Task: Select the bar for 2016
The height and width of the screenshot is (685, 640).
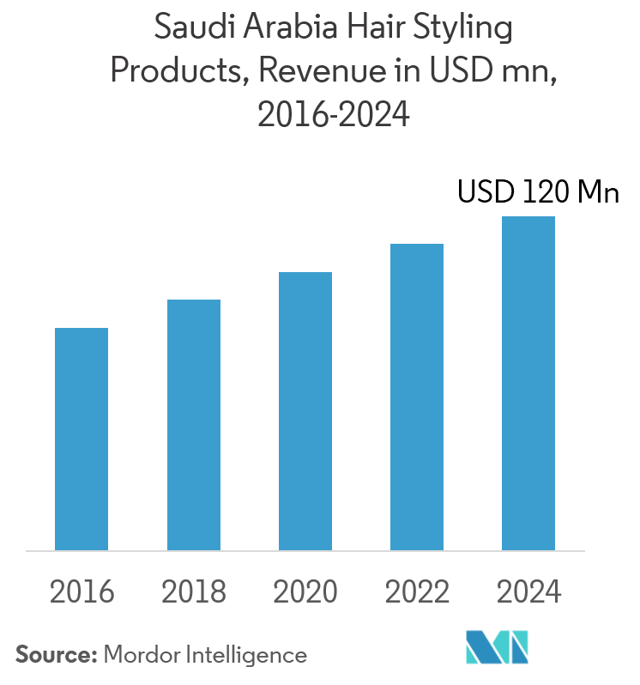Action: click(82, 439)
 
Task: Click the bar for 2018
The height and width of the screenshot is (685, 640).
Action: click(194, 425)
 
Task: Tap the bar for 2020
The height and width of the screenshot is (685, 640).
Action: click(305, 411)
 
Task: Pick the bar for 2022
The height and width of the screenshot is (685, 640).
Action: click(417, 397)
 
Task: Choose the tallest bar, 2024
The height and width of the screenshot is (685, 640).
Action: click(528, 383)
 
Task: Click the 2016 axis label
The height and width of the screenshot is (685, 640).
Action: click(82, 591)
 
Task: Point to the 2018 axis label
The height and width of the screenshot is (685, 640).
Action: click(194, 591)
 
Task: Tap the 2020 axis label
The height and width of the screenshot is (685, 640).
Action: click(305, 591)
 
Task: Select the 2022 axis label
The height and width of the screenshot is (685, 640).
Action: click(417, 591)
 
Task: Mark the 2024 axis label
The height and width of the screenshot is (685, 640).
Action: click(528, 591)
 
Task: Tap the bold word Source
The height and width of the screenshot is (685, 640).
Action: click(56, 655)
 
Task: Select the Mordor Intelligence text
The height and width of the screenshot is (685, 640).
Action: click(205, 655)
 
